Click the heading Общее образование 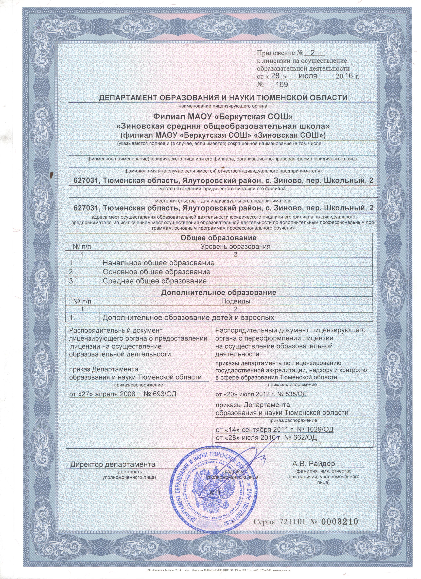[x=218, y=238]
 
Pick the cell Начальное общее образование [x=158, y=263]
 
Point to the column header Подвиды [x=235, y=301]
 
